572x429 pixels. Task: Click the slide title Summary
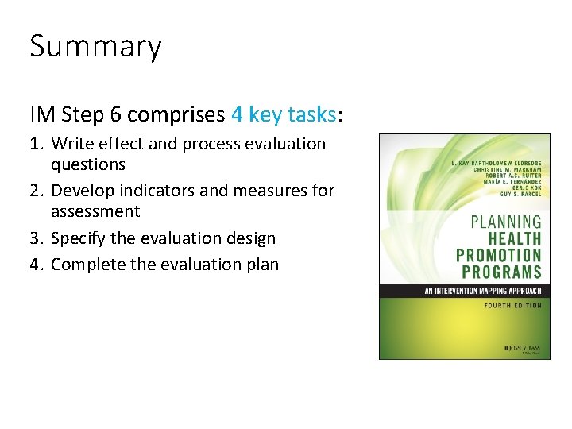(95, 47)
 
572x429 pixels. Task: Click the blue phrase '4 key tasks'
(284, 114)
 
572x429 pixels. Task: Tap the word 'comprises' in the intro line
(176, 114)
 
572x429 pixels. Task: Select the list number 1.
(37, 144)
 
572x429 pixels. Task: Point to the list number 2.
(37, 191)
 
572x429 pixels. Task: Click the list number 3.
(37, 238)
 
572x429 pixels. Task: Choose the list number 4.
(37, 264)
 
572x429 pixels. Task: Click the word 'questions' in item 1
(87, 164)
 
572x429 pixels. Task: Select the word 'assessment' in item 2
(95, 211)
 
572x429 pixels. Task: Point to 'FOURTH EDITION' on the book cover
(512, 305)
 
